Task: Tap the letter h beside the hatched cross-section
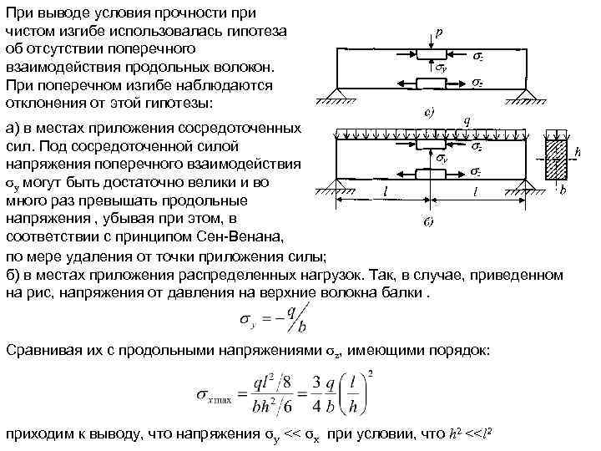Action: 578,153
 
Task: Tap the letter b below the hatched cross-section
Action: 562,191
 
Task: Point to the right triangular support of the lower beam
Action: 525,179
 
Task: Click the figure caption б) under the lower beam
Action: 427,221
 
